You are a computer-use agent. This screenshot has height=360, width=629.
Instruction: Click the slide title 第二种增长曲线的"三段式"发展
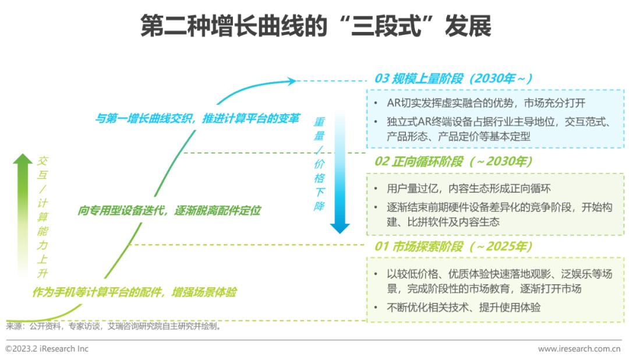click(x=316, y=26)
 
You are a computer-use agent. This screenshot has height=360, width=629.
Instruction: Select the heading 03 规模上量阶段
click(x=419, y=79)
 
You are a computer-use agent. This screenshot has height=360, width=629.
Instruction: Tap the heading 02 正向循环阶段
click(x=419, y=161)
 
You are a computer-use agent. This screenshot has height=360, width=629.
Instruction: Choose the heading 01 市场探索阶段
click(x=419, y=246)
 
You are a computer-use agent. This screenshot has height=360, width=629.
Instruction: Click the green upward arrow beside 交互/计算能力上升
click(x=23, y=215)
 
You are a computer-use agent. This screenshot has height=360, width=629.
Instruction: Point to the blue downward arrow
click(x=340, y=172)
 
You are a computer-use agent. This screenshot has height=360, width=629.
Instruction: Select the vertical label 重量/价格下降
click(x=319, y=164)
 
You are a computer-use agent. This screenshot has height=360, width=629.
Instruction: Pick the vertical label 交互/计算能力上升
click(x=43, y=217)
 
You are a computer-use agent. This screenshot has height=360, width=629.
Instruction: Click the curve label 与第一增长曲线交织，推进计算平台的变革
click(x=197, y=119)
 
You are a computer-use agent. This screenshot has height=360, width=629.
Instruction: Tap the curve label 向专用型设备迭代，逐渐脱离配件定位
click(x=169, y=211)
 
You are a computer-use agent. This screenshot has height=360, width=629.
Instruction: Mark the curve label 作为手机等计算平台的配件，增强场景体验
click(x=135, y=292)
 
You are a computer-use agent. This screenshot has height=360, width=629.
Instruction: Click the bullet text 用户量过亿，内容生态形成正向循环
click(x=468, y=189)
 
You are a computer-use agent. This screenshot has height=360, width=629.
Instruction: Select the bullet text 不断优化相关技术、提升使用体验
click(x=464, y=308)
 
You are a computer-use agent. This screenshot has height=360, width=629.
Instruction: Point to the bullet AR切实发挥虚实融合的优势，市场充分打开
click(x=486, y=103)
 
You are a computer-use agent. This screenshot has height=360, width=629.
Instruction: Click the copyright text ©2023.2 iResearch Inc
click(x=47, y=349)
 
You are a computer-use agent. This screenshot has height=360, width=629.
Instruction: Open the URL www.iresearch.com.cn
click(x=579, y=349)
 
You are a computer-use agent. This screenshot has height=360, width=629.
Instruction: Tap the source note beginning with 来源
click(x=114, y=326)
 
